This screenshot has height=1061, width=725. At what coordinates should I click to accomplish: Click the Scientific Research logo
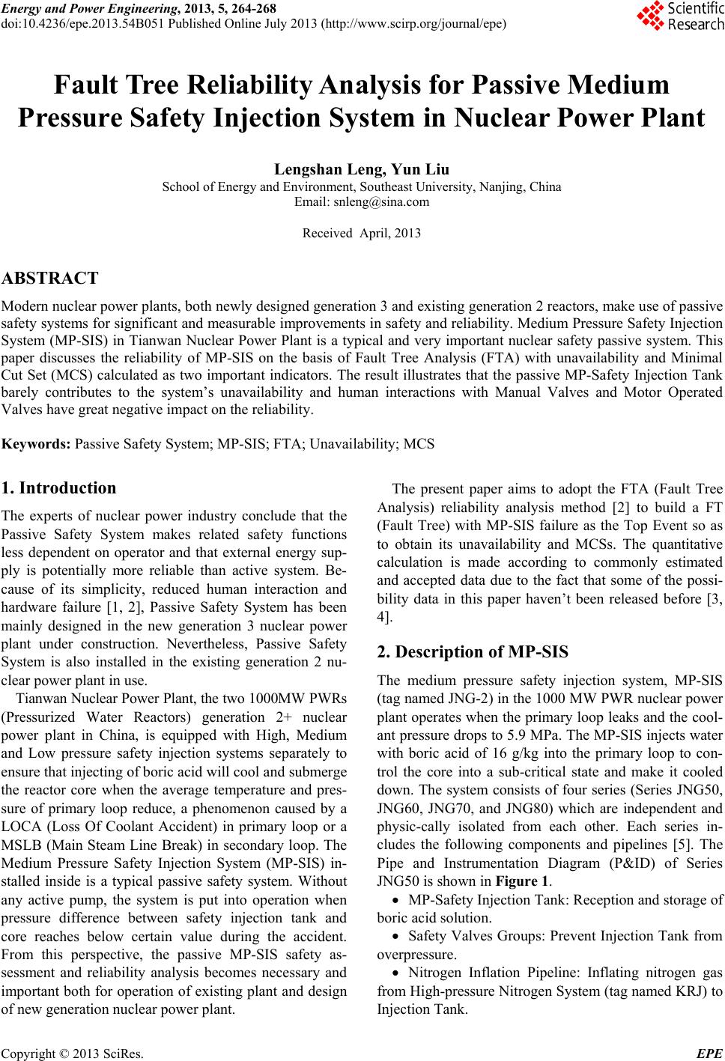coord(679,16)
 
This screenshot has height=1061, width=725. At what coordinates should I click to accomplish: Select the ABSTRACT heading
coord(50,279)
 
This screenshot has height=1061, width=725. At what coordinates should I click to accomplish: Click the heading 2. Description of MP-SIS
coord(473,651)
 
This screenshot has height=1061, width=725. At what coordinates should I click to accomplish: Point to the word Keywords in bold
coord(37,444)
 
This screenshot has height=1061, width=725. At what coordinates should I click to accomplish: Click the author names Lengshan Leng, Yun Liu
coord(362,171)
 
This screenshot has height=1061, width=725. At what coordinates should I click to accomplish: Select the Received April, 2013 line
coord(362,233)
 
